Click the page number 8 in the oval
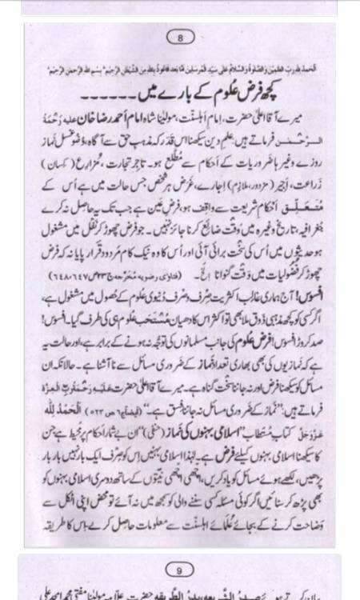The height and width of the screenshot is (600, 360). coord(179,37)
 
